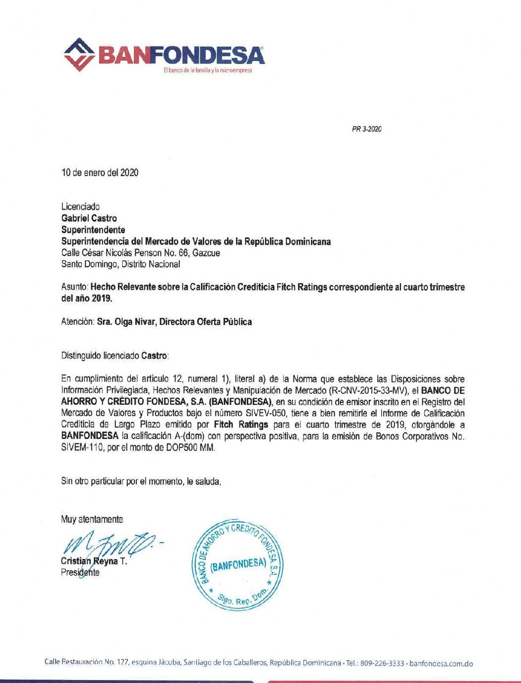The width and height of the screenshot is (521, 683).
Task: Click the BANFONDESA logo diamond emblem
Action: click(x=81, y=54)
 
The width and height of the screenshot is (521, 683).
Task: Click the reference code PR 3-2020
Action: click(x=366, y=129)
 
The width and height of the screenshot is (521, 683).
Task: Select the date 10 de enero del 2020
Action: click(x=100, y=173)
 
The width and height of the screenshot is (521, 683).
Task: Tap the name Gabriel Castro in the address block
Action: click(x=89, y=218)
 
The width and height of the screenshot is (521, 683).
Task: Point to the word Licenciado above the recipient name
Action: click(x=80, y=206)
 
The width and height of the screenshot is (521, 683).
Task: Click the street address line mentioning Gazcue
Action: click(x=140, y=253)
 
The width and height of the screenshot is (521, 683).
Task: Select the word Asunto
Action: click(x=74, y=287)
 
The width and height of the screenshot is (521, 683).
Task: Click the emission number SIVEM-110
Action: click(x=79, y=447)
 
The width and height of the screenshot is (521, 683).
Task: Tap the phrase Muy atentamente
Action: click(x=92, y=519)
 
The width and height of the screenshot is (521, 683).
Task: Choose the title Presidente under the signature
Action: click(x=80, y=572)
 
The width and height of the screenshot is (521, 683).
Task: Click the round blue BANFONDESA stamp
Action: click(x=236, y=565)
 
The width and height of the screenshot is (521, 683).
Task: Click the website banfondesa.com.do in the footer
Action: click(x=442, y=663)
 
